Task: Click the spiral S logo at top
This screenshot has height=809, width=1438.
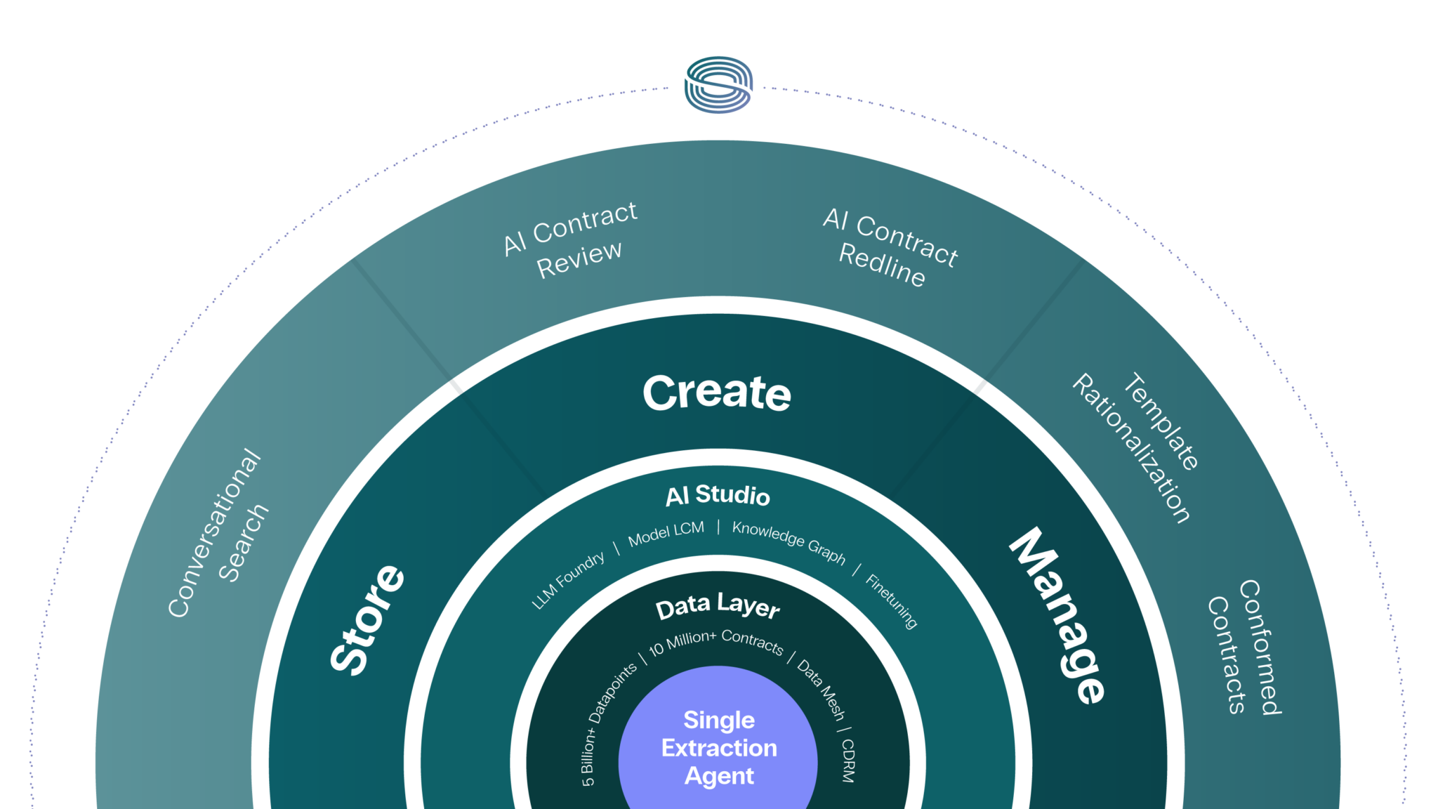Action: pos(718,85)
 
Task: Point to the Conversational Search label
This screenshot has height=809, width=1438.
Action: pos(218,533)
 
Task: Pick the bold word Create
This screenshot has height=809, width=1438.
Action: pos(717,393)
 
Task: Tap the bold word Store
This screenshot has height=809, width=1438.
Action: pos(367,619)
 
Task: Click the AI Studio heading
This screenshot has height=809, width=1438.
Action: pos(718,496)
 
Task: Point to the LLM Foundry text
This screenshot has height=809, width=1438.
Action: pos(568,580)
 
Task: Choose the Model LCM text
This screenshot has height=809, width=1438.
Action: pos(666,534)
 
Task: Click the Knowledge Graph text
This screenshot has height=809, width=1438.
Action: pos(789,541)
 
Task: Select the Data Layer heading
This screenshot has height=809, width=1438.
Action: pos(718,606)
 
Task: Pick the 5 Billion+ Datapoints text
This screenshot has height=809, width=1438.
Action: pos(608,723)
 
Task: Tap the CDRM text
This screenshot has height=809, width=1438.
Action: pos(848,761)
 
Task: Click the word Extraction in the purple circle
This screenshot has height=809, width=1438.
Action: pos(719,749)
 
